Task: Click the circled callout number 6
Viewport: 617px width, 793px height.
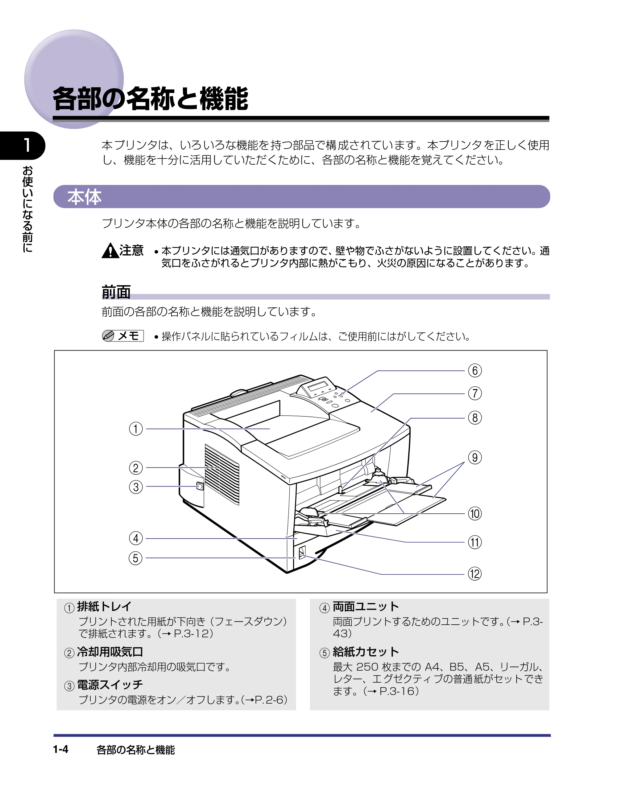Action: pos(474,370)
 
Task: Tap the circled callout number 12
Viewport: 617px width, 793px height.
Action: pos(474,574)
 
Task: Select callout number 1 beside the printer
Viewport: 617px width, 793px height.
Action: pos(136,429)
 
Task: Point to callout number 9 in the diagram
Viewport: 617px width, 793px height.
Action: pos(474,458)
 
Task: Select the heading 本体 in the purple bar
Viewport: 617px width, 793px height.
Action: pos(84,197)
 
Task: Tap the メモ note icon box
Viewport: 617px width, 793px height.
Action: pos(123,336)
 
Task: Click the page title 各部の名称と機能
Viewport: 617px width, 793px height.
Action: pos(151,98)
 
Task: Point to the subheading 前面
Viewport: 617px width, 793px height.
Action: pos(116,292)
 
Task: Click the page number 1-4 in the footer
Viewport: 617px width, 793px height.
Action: pos(61,749)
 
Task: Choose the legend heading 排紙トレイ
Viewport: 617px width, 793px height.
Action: pos(104,606)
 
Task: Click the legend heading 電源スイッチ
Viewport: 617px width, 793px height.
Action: pos(110,684)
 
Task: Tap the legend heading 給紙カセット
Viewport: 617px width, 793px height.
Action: pos(366,652)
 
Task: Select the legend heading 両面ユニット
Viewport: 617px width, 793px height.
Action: pos(366,606)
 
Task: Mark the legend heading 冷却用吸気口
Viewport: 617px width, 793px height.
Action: pos(110,652)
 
